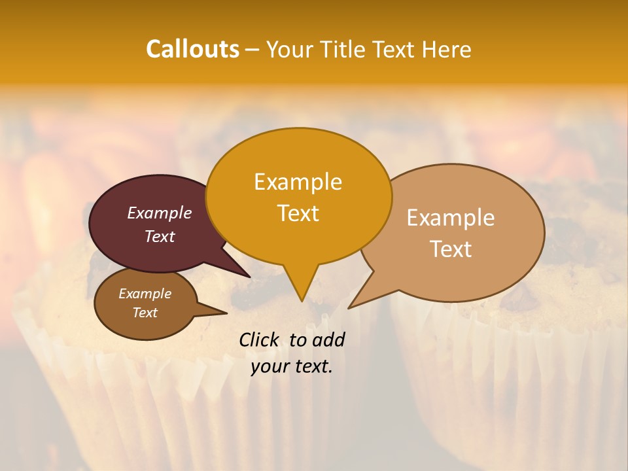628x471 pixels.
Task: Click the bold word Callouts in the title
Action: tap(192, 49)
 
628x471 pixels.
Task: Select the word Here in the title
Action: tap(446, 49)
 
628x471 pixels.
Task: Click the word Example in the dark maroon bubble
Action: tap(159, 213)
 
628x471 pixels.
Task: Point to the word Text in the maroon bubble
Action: tap(159, 236)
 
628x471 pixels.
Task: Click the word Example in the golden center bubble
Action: tap(298, 182)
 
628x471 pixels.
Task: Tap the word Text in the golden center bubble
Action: tap(298, 213)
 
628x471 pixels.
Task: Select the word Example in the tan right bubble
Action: tap(451, 217)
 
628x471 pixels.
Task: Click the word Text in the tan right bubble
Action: tap(451, 249)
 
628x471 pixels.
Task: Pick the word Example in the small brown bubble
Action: tap(145, 294)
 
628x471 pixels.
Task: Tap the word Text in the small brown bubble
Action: tap(145, 313)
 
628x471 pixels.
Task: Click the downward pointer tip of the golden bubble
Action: tap(302, 300)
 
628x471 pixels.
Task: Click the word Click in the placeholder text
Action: tap(260, 340)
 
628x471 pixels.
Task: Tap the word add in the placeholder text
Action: tap(328, 340)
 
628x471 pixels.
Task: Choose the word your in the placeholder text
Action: tap(270, 366)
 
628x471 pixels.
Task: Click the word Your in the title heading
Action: tap(290, 49)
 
